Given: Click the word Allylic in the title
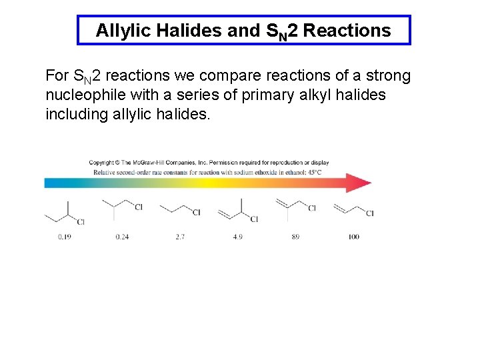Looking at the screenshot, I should click(x=121, y=31).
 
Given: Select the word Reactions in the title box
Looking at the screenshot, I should click(x=347, y=31).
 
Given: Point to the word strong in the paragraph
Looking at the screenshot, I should click(x=387, y=76).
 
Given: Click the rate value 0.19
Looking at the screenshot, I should click(x=65, y=237).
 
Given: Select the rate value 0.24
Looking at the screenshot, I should click(x=122, y=237).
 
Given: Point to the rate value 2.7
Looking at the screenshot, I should click(x=180, y=237).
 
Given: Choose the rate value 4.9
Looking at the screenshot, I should click(x=238, y=237).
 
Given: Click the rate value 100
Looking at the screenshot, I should click(x=353, y=237).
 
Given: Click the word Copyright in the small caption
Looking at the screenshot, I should click(x=102, y=162).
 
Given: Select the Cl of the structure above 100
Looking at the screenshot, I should click(x=369, y=213).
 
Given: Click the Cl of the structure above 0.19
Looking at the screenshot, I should click(x=80, y=221).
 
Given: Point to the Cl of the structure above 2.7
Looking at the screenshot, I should click(x=196, y=213).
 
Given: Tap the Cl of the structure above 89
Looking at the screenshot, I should click(x=311, y=209).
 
